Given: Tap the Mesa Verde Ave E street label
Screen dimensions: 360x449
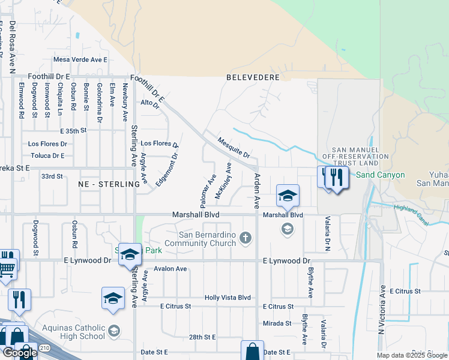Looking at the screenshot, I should [80, 59].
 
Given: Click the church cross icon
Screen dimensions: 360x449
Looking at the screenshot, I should [245, 239].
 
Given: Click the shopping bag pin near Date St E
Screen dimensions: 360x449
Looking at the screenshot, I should [253, 352].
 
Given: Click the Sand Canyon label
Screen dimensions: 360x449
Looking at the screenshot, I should [381, 175].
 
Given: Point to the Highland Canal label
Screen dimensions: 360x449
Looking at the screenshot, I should [411, 215].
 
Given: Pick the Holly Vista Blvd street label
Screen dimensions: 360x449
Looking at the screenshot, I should [228, 298].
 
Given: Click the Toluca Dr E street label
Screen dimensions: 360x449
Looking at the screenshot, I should [46, 155].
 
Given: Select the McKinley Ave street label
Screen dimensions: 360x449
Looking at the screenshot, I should [223, 181].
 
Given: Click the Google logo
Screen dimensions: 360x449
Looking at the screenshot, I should [19, 353].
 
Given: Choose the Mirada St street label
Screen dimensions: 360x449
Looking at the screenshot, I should [277, 323].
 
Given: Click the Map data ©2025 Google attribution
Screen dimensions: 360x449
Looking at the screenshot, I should [412, 355].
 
